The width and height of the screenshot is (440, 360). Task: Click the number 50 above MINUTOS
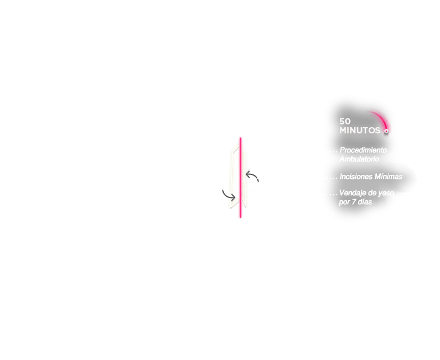pyautogui.click(x=345, y=121)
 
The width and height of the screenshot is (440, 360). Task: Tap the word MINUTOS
pyautogui.click(x=360, y=130)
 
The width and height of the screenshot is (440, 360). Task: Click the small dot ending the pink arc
pyautogui.click(x=386, y=131)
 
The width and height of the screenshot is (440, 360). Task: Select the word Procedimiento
pyautogui.click(x=363, y=150)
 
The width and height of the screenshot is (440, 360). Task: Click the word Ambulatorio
pyautogui.click(x=359, y=159)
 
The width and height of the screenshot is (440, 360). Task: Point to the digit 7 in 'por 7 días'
pyautogui.click(x=353, y=202)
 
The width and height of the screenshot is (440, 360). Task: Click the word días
pyautogui.click(x=365, y=202)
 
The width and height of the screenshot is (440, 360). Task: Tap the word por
pyautogui.click(x=344, y=202)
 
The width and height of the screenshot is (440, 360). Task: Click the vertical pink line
pyautogui.click(x=240, y=178)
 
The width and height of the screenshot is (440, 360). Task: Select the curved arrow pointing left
pyautogui.click(x=252, y=177)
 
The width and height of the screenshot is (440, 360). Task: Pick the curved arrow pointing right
pyautogui.click(x=229, y=195)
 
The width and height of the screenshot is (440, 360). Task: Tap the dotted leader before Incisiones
pyautogui.click(x=330, y=178)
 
